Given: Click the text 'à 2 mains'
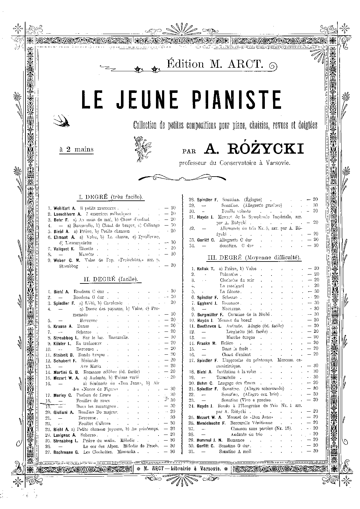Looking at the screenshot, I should (x=76, y=150).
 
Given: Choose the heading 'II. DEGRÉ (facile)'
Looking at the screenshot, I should (x=110, y=279).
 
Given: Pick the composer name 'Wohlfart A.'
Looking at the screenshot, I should (x=65, y=208).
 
